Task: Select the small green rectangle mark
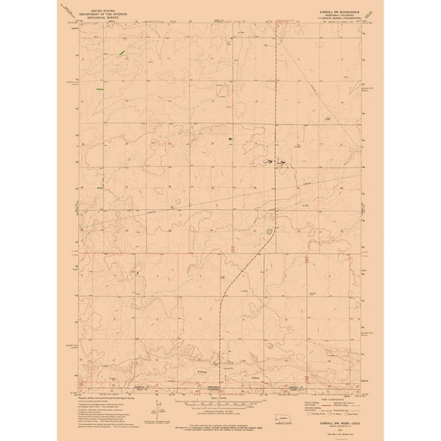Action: click(x=230, y=139)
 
